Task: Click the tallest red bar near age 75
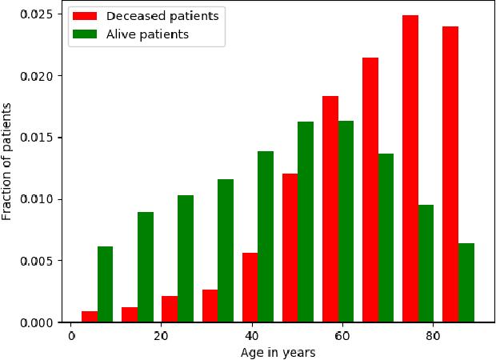point(410,169)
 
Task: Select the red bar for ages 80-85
point(450,174)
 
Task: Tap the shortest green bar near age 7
point(105,284)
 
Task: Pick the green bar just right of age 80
point(426,263)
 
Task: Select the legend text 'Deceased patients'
point(162,16)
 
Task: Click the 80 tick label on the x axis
point(432,337)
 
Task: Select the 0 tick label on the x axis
point(71,337)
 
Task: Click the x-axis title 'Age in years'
point(278,352)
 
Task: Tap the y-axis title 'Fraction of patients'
point(8,161)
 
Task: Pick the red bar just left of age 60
point(330,209)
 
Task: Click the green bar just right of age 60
point(346,222)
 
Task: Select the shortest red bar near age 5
point(89,317)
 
